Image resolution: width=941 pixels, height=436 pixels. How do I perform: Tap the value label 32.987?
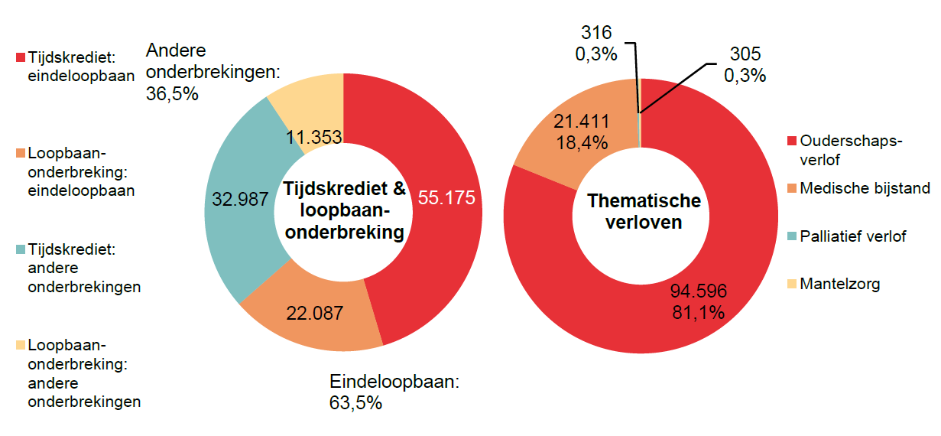point(240,199)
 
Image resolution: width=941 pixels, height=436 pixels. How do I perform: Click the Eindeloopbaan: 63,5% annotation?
point(393,392)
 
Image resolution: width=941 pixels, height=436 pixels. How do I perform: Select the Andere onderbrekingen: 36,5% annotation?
point(212,73)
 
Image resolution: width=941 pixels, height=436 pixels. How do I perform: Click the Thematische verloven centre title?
point(644,212)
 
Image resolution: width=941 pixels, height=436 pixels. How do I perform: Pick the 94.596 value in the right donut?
point(698,291)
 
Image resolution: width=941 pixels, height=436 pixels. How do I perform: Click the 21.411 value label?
point(580,122)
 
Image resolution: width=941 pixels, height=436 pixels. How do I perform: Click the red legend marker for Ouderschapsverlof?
point(792,142)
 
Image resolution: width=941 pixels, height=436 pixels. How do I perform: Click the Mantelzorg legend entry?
point(839,285)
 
